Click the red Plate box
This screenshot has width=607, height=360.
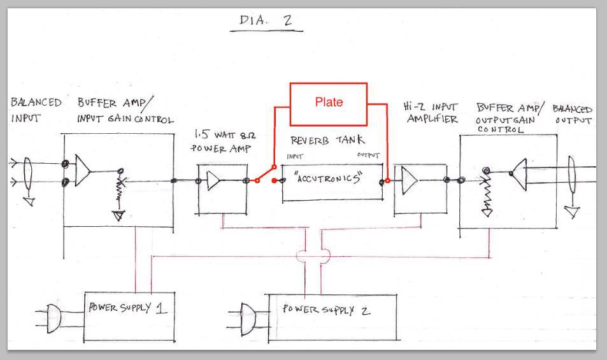(329, 103)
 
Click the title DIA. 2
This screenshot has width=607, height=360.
(266, 21)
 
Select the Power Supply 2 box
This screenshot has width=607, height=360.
(331, 312)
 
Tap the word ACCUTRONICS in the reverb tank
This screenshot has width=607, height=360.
(329, 179)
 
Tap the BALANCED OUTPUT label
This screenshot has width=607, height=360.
(573, 115)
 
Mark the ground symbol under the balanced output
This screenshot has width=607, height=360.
(573, 211)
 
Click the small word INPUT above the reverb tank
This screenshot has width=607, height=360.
(295, 156)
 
